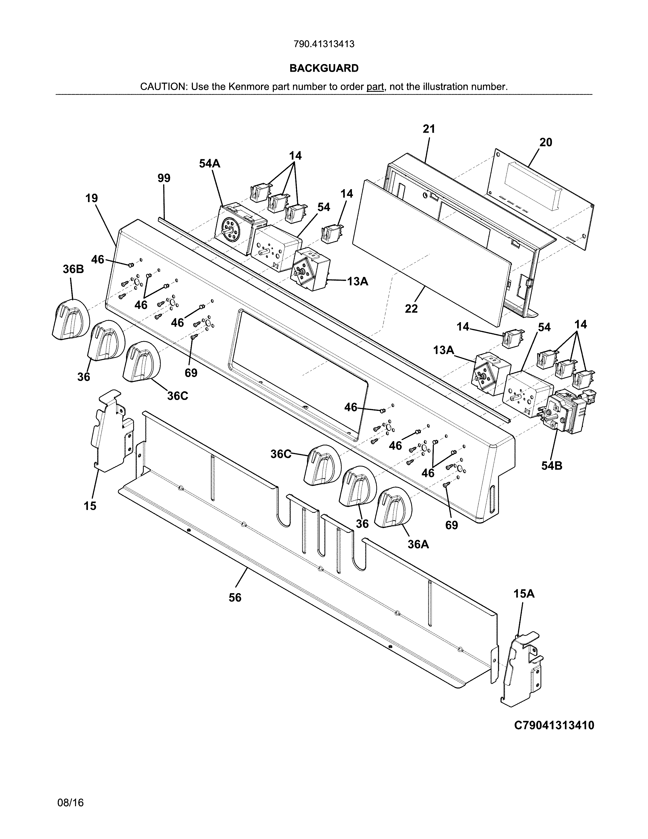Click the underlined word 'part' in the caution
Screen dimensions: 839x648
point(375,87)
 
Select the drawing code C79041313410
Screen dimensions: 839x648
point(554,725)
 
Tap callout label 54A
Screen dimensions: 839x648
point(210,164)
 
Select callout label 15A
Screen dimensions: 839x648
point(524,593)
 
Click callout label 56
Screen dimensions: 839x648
point(235,597)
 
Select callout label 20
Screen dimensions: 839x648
point(546,143)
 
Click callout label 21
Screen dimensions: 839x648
point(429,129)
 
